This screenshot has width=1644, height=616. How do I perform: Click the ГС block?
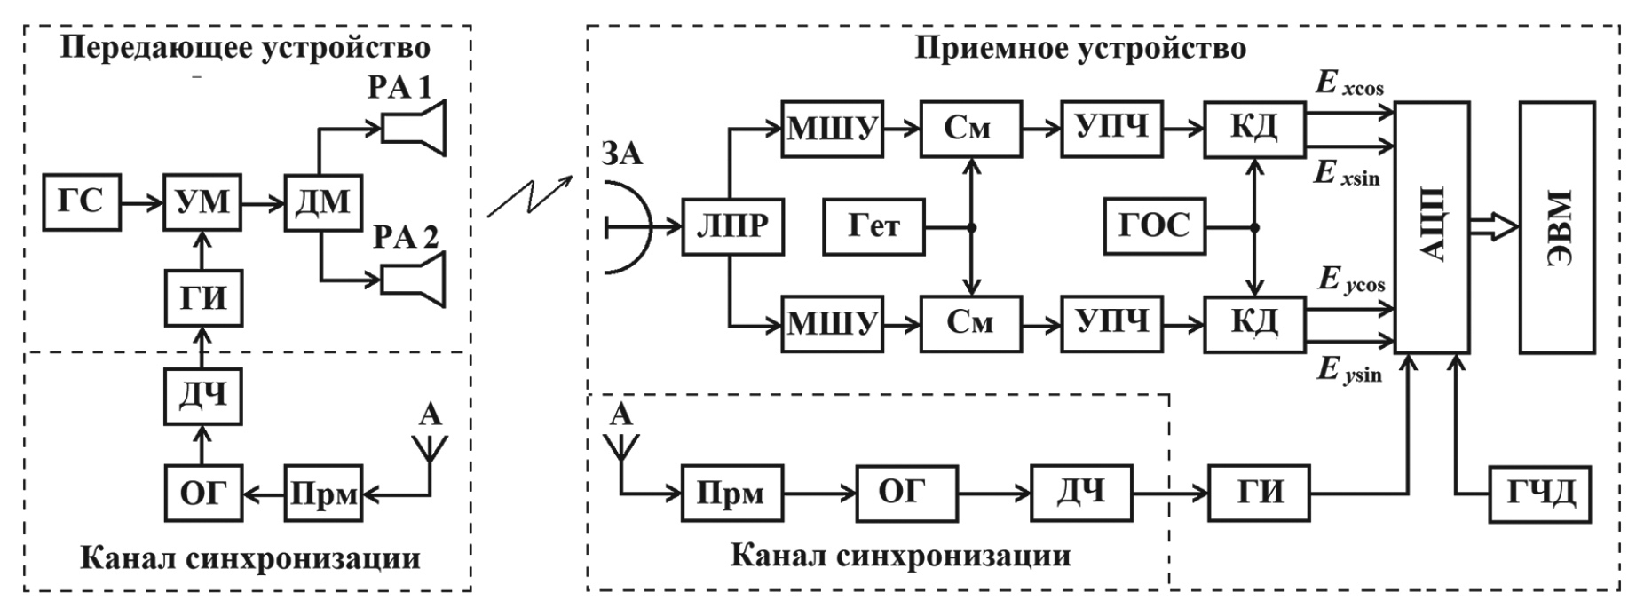[x=81, y=203]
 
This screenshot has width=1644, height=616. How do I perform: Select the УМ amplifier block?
[x=203, y=203]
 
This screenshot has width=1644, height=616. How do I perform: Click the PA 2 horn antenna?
[x=414, y=280]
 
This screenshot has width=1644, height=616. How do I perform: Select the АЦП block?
[x=1432, y=226]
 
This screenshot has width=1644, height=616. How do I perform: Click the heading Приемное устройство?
[x=1079, y=48]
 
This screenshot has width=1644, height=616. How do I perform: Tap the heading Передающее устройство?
[x=245, y=48]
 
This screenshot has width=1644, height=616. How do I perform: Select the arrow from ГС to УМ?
[x=141, y=203]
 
